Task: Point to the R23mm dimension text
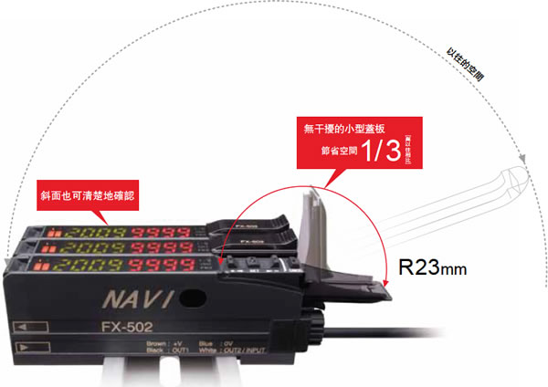tap(437, 267)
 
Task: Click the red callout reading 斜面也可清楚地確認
tap(92, 196)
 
